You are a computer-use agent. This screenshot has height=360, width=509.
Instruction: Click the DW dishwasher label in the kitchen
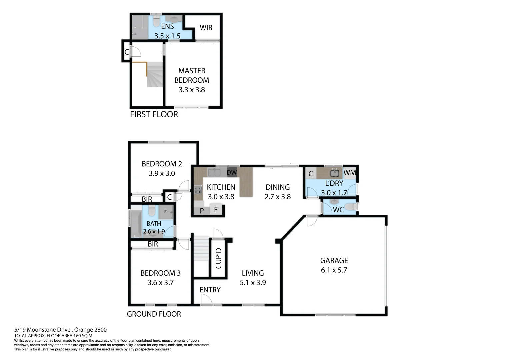pyautogui.click(x=232, y=173)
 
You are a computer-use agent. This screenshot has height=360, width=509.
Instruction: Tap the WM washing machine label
pyautogui.click(x=350, y=173)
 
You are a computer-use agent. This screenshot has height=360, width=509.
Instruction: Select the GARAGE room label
pyautogui.click(x=334, y=261)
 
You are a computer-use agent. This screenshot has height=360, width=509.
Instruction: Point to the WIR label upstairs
pyautogui.click(x=206, y=28)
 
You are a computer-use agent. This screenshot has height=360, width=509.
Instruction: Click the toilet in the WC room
pyautogui.click(x=350, y=207)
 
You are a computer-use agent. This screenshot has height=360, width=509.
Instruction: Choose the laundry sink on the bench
pyautogui.click(x=334, y=173)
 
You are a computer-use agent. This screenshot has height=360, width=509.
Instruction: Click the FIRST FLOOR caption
pyautogui.click(x=154, y=114)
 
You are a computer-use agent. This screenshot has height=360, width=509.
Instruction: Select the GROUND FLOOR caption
pyautogui.click(x=154, y=314)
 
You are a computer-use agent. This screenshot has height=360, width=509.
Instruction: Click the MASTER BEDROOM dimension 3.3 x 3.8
pyautogui.click(x=192, y=90)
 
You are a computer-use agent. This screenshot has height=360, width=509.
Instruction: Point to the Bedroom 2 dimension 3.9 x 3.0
pyautogui.click(x=162, y=173)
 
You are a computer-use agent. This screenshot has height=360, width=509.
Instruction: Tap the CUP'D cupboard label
pyautogui.click(x=219, y=258)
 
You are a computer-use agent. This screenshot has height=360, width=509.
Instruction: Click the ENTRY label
pyautogui.click(x=210, y=290)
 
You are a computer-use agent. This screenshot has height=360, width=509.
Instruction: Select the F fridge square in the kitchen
pyautogui.click(x=216, y=210)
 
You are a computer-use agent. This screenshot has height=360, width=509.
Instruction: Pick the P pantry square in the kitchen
pyautogui.click(x=202, y=211)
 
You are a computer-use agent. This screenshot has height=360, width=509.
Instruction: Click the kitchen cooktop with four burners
pyautogui.click(x=198, y=190)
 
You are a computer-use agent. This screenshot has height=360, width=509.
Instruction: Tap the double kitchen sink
pyautogui.click(x=214, y=173)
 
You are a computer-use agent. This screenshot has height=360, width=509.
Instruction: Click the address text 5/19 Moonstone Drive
pyautogui.click(x=60, y=330)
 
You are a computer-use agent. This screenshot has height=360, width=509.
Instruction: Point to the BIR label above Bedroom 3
pyautogui.click(x=153, y=244)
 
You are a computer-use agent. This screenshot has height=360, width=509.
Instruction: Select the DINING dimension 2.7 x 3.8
pyautogui.click(x=278, y=197)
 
